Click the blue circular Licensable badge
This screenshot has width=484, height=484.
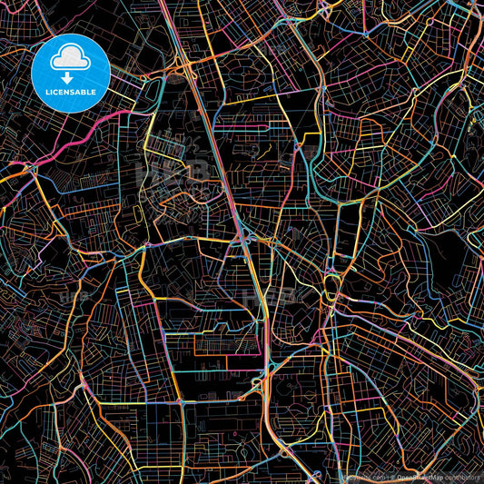click(71, 72)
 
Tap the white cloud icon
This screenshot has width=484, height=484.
click(71, 59)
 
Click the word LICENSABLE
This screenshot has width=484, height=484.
click(71, 94)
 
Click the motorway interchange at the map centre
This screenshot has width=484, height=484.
click(247, 241)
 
